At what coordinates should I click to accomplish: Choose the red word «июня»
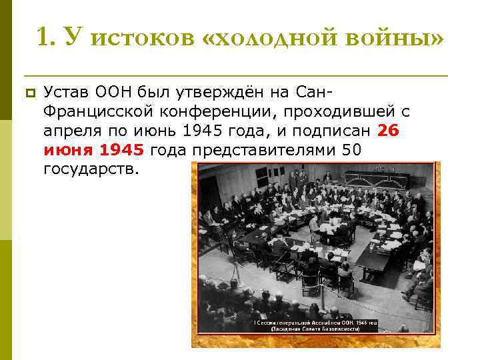[66, 149]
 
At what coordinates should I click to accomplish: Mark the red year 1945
[121, 149]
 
